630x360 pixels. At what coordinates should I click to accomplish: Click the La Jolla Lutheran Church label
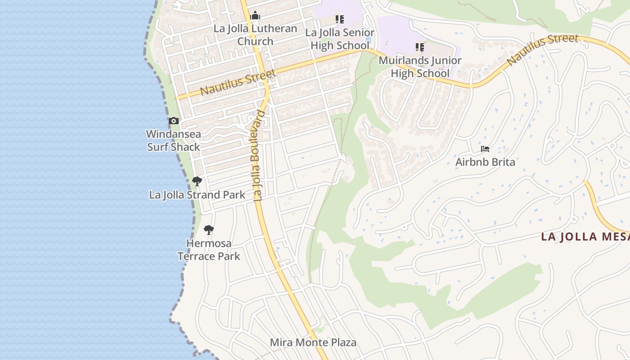tap(255, 35)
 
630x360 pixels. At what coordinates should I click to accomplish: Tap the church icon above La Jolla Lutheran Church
tap(255, 16)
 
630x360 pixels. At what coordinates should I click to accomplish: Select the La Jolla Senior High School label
tap(340, 39)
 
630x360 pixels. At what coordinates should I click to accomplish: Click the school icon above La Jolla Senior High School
tap(340, 19)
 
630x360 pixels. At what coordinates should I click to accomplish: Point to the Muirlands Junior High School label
tap(420, 67)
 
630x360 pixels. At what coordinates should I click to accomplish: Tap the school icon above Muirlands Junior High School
tap(420, 47)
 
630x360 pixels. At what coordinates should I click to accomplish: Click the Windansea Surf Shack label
tap(174, 140)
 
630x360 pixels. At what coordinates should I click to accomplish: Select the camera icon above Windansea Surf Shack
tap(174, 121)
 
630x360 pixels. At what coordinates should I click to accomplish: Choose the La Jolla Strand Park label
tap(197, 195)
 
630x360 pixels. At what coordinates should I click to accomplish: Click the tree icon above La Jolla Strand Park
tap(197, 181)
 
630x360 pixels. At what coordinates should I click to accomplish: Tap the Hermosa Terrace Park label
tap(209, 250)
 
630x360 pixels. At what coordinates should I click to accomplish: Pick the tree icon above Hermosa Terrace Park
tap(208, 230)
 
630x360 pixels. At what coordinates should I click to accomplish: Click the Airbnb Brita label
tap(485, 162)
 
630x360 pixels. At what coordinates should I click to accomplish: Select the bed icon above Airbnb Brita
tap(485, 148)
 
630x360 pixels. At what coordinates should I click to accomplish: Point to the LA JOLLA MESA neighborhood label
tap(585, 237)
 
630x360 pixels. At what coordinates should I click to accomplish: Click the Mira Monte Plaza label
tap(313, 342)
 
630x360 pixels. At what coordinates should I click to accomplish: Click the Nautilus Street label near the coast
tap(237, 82)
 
